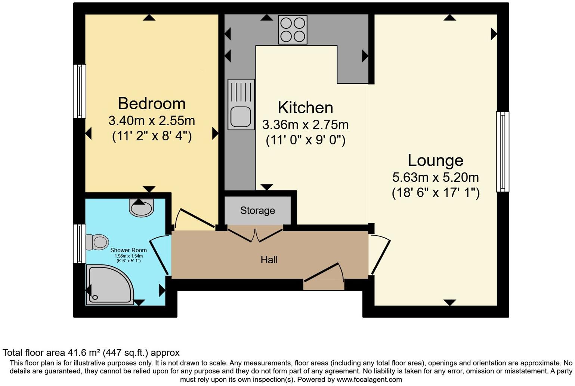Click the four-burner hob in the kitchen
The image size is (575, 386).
(x=293, y=30)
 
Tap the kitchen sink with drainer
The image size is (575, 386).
(x=241, y=104)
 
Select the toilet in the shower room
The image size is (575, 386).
(x=97, y=242)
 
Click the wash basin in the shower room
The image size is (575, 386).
(x=141, y=207)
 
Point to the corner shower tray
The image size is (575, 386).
(x=108, y=284)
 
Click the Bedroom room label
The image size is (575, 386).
(x=152, y=104)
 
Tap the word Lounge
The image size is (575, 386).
(x=435, y=160)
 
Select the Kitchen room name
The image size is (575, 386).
(x=305, y=108)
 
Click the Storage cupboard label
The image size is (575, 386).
(x=257, y=211)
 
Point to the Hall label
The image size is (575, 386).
(x=269, y=260)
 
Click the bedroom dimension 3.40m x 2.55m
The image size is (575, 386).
(x=152, y=121)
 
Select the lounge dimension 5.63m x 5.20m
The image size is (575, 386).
(x=436, y=177)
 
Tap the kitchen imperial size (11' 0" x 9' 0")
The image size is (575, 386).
(x=306, y=140)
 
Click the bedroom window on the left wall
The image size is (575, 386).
(x=79, y=91)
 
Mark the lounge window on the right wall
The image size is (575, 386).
(x=503, y=151)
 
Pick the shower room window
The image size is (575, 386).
(x=79, y=243)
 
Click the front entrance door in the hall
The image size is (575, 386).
(x=324, y=277)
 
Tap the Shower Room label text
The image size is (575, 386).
(x=128, y=250)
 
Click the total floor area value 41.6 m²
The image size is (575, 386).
(x=84, y=353)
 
